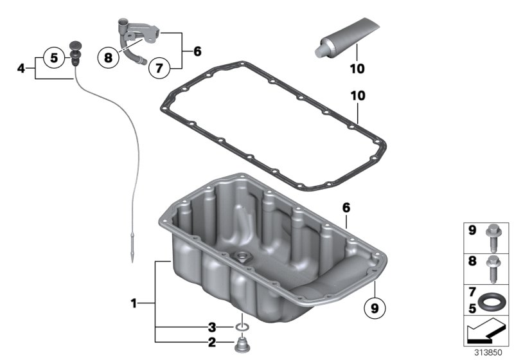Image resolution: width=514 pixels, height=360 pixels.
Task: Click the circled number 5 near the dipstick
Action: pyautogui.click(x=55, y=58)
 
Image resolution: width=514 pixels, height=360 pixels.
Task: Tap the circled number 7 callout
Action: pyautogui.click(x=158, y=66)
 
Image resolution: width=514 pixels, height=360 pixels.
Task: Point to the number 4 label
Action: pyautogui.click(x=21, y=67)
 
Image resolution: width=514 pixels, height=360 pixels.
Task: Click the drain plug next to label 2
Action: pyautogui.click(x=243, y=346)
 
